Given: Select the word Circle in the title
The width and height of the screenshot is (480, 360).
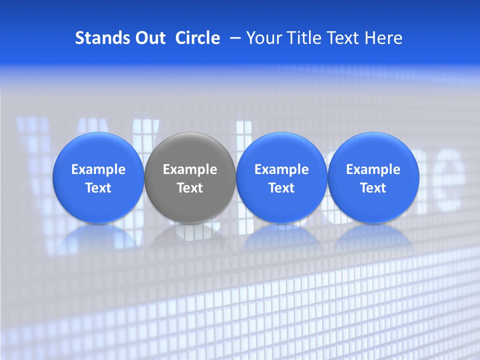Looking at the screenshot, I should (x=197, y=38).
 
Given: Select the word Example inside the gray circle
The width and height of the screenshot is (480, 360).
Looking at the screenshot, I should (x=190, y=169).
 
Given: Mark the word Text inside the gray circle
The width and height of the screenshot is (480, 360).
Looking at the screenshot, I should (x=190, y=188).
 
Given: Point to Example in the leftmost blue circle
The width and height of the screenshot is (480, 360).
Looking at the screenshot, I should (x=98, y=169).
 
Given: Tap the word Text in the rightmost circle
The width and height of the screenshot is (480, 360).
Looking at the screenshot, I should (x=373, y=188).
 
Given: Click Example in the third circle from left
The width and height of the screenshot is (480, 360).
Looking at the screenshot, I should (x=281, y=169).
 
